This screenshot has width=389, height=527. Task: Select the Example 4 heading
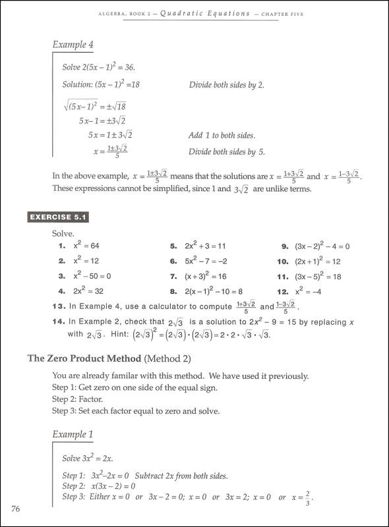(x=73, y=45)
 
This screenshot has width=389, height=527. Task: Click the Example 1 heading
(x=73, y=434)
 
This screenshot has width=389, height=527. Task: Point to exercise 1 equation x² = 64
(x=86, y=246)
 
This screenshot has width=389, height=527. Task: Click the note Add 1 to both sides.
(x=222, y=135)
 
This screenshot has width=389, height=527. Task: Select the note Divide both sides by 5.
(x=226, y=152)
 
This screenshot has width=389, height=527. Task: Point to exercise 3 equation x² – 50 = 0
(x=92, y=276)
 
